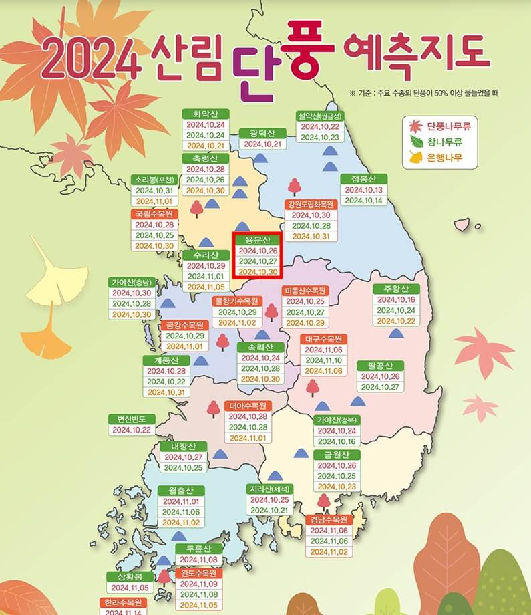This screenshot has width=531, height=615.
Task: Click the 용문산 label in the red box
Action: (257, 239)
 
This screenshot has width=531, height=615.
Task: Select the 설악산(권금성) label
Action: (319, 115)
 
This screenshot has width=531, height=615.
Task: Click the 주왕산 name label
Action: (395, 289)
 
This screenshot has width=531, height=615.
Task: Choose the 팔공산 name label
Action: (380, 365)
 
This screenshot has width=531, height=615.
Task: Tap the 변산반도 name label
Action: (132, 419)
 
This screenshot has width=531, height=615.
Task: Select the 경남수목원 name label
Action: (329, 519)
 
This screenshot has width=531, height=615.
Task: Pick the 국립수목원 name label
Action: (154, 214)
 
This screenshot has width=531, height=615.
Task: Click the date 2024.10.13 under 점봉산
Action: (363, 190)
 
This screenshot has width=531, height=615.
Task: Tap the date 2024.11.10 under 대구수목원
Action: (323, 360)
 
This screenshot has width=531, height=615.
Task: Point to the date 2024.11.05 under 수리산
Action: (206, 287)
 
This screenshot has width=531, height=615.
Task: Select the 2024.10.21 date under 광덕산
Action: (262, 144)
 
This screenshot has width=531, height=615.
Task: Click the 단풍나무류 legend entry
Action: (444, 126)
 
